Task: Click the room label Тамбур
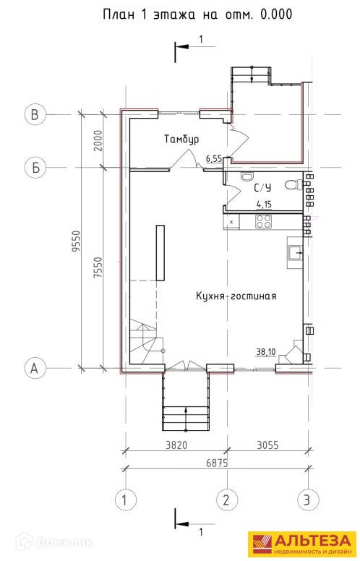click(181, 139)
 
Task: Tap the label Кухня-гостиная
click(236, 296)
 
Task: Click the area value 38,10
click(265, 352)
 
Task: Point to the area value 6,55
click(214, 158)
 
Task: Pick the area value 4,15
click(264, 205)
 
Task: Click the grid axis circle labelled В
click(35, 114)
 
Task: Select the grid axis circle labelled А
click(35, 368)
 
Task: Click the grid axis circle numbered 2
click(226, 500)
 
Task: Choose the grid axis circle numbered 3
click(308, 500)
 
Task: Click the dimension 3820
click(177, 445)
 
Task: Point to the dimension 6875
click(217, 463)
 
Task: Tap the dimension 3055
click(267, 445)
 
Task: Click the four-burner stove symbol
click(264, 221)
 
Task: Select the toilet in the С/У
click(293, 184)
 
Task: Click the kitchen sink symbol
click(295, 253)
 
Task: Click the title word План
click(119, 14)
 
